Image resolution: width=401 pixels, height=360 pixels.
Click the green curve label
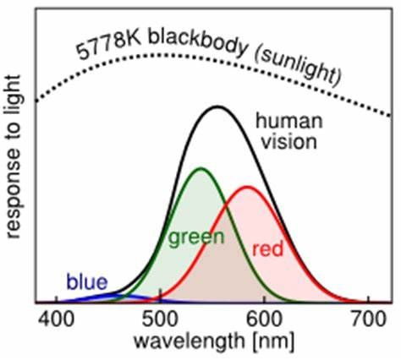[195, 237]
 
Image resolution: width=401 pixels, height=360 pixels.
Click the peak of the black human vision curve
[217, 106]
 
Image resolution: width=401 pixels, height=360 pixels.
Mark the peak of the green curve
[200, 168]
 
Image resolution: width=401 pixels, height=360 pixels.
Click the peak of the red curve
[247, 187]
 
